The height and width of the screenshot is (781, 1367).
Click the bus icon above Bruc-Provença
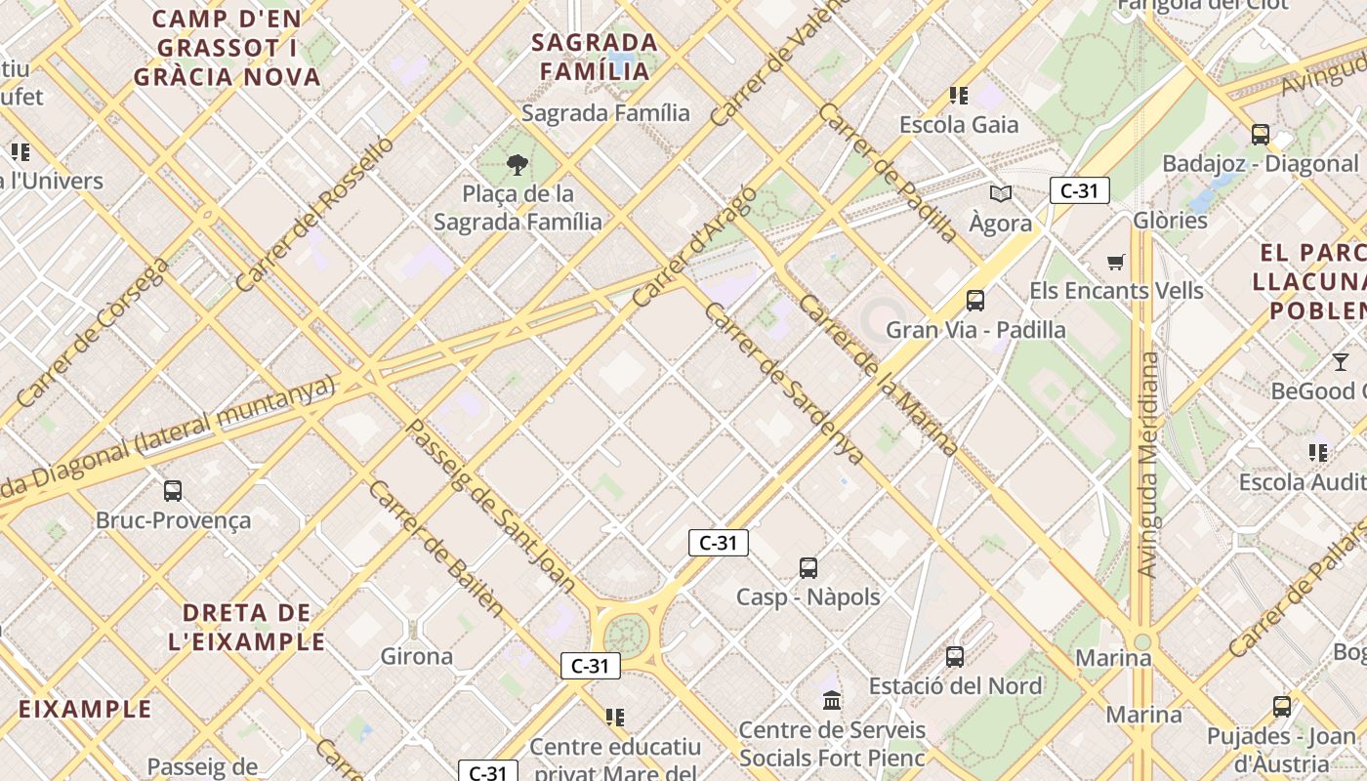[x=173, y=490]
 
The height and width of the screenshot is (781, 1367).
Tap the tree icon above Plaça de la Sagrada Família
[x=518, y=164]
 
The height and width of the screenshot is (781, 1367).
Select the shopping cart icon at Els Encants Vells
[x=1116, y=261]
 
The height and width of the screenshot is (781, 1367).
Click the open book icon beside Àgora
[x=1001, y=193]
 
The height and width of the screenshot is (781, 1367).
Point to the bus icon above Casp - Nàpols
[x=808, y=567]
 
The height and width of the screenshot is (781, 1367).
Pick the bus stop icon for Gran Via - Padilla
[x=974, y=300]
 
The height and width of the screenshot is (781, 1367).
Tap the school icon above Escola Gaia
[x=959, y=95]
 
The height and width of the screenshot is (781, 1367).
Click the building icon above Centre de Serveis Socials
[x=832, y=700]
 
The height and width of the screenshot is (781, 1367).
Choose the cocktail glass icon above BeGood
[x=1341, y=362]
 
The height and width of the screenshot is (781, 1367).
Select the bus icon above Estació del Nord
[x=955, y=657]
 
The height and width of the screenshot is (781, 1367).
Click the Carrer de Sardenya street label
[x=783, y=383]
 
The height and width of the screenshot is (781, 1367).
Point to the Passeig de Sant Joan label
[x=490, y=505]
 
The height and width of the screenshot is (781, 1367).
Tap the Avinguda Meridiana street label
[x=1149, y=464]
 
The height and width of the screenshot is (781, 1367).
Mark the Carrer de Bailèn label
[x=435, y=549]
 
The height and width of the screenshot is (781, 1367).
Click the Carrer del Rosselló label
[x=314, y=213]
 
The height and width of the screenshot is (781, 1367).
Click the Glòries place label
[x=1170, y=220]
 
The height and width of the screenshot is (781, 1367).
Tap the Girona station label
[x=417, y=656]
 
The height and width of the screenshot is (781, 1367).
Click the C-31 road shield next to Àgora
[x=1079, y=190]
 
